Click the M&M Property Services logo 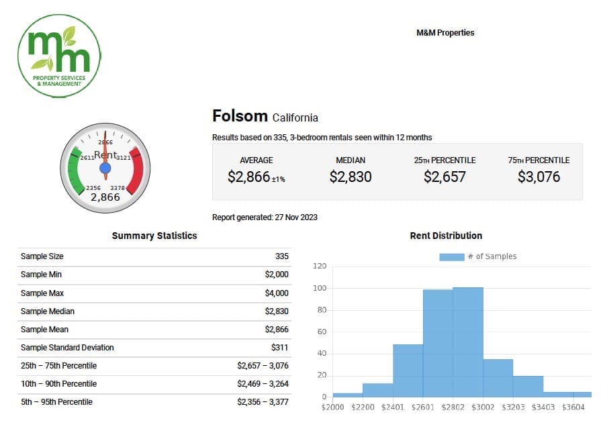(59, 56)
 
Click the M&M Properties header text (445, 32)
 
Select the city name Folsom (240, 116)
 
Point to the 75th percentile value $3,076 (539, 177)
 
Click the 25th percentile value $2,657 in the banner (445, 177)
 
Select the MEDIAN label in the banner (351, 160)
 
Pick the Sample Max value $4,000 (277, 293)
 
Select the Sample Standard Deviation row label (67, 348)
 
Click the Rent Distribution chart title (446, 236)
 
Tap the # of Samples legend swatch (451, 256)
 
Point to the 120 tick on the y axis (320, 266)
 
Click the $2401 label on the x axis (393, 407)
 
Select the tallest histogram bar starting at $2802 (468, 342)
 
